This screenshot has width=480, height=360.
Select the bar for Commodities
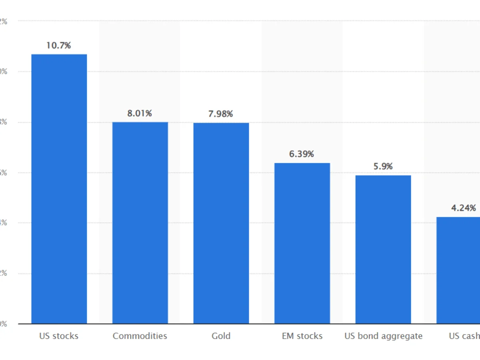[140, 223]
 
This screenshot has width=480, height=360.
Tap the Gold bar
[221, 223]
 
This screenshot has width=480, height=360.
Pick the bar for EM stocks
[302, 243]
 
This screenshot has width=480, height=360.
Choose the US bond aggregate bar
[383, 249]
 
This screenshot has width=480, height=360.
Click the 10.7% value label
[58, 46]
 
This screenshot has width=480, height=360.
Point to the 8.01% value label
[140, 114]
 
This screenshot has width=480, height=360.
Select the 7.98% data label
[220, 114]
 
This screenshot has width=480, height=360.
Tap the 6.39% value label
[302, 154]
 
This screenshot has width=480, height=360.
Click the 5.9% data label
[383, 166]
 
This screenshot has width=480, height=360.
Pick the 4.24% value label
[464, 208]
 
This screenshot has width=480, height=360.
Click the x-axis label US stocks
[59, 336]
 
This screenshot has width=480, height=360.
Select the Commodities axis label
[140, 336]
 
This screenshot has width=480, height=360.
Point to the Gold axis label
[221, 336]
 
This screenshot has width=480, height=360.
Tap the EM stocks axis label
[302, 336]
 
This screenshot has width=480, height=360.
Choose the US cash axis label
[464, 336]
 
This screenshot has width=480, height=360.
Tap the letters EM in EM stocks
[288, 336]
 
